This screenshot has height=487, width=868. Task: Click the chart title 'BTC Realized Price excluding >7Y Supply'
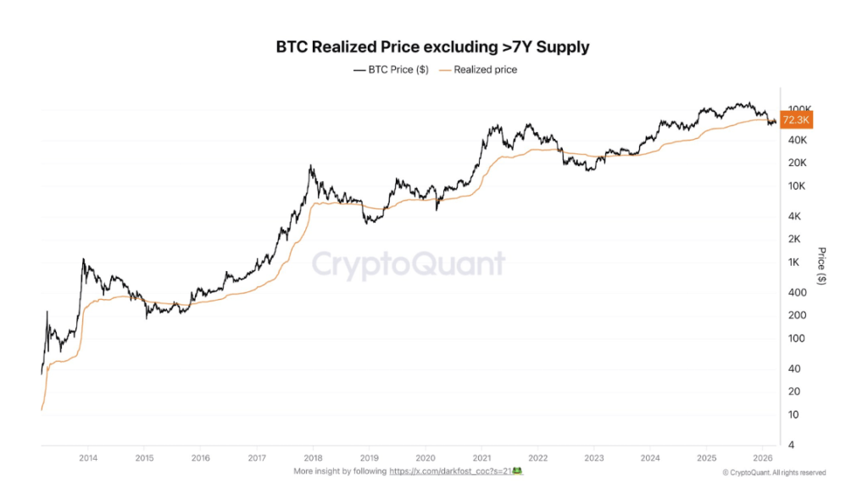(x=433, y=47)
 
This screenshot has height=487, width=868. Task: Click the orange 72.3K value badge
(x=798, y=121)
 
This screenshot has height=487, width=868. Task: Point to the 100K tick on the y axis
(x=800, y=109)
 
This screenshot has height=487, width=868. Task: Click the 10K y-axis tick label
(x=798, y=185)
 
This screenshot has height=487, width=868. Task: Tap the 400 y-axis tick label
(x=798, y=292)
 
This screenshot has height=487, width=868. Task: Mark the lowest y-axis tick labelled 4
(x=792, y=445)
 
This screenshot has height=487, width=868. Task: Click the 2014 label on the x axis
(x=87, y=457)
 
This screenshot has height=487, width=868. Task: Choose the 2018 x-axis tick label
(x=312, y=457)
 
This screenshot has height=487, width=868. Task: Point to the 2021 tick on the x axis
(x=481, y=457)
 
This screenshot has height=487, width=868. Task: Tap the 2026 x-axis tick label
(x=761, y=457)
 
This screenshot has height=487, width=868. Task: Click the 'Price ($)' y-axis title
(x=821, y=266)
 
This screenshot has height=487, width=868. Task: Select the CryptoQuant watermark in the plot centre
(x=409, y=265)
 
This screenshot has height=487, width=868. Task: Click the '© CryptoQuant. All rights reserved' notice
(x=774, y=473)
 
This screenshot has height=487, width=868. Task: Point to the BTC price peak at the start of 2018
(x=311, y=167)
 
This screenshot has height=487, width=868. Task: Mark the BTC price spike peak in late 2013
(x=83, y=259)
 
